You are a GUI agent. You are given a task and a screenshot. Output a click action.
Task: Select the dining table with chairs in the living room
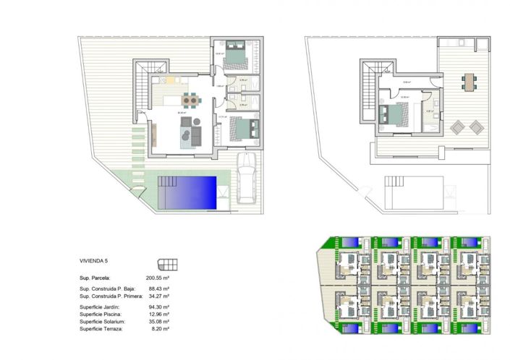click(189, 100)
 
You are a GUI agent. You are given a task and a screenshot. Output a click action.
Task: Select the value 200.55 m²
click(157, 277)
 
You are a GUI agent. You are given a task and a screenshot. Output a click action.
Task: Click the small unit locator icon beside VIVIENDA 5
click(167, 264)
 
